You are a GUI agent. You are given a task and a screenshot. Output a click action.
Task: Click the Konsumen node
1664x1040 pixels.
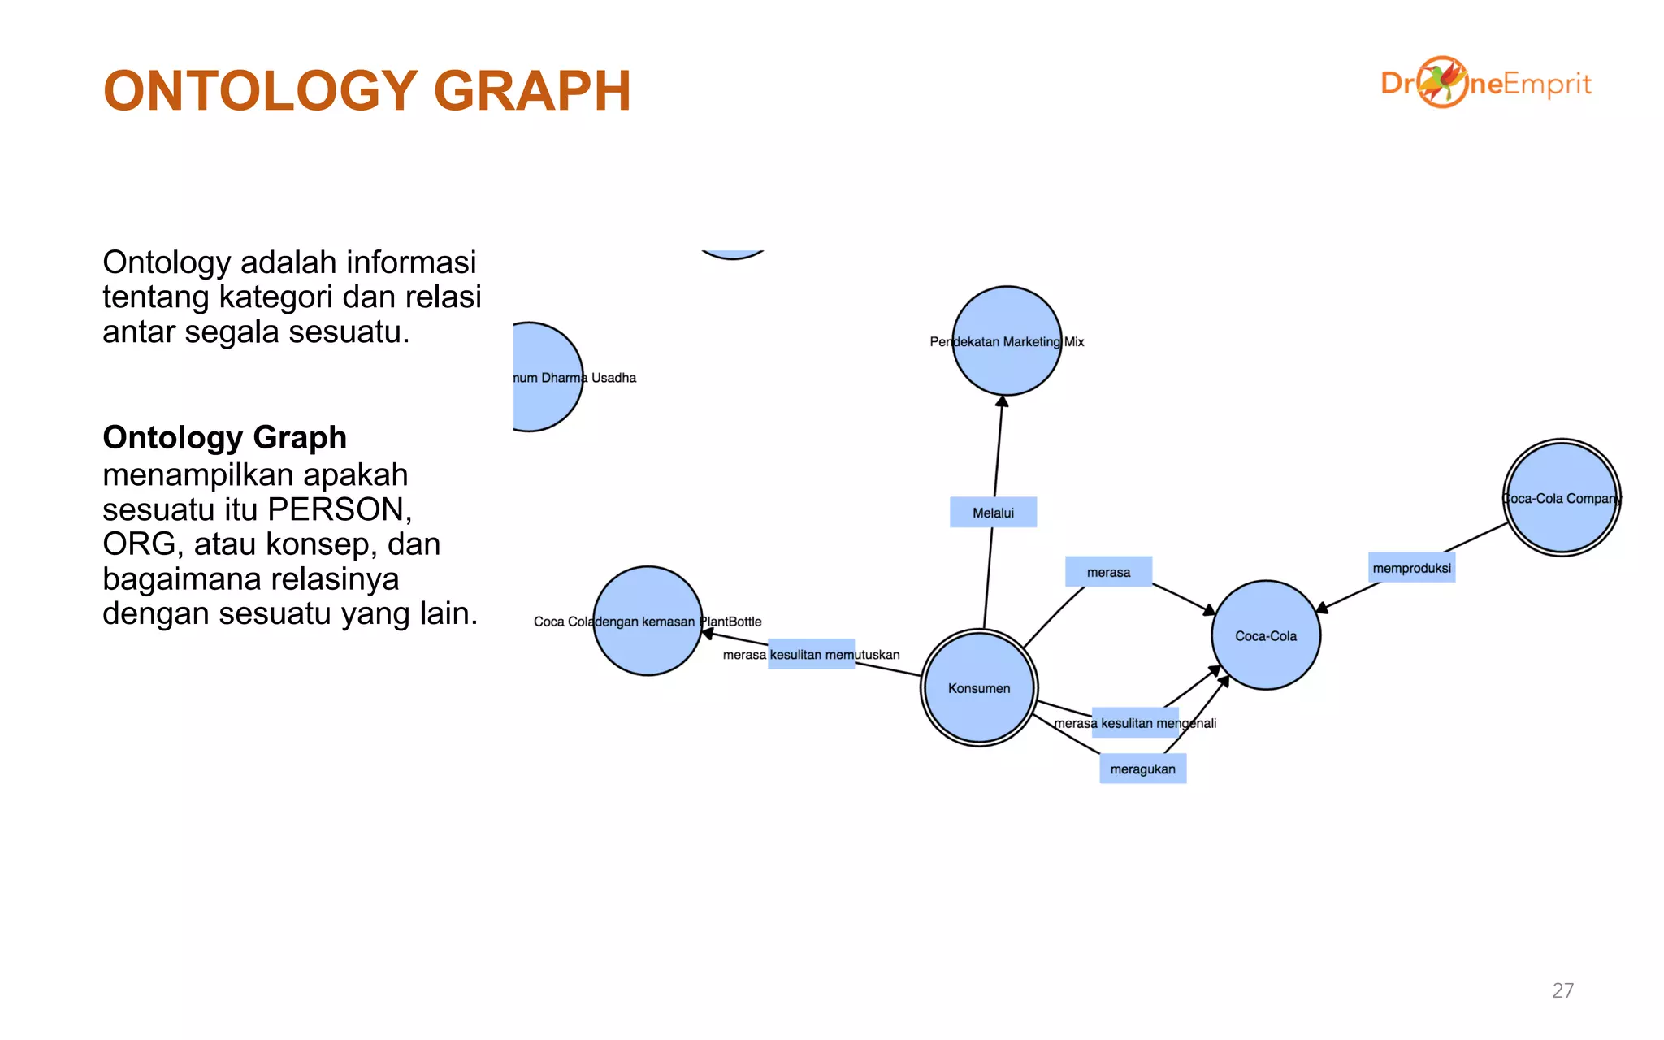click(979, 687)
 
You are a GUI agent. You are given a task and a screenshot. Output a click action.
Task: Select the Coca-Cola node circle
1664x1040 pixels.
click(1266, 635)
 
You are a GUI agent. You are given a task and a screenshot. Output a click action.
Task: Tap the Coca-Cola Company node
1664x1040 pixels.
click(1561, 497)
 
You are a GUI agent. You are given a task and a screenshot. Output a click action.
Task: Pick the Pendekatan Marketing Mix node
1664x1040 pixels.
click(1007, 341)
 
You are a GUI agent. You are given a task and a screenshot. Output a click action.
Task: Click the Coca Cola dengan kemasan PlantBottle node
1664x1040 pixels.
click(648, 621)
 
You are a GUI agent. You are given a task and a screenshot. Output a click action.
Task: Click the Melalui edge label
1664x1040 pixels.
click(993, 513)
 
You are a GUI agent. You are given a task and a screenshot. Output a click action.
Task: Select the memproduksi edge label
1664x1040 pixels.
click(1411, 568)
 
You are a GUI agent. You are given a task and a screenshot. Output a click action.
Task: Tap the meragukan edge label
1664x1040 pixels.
click(1142, 769)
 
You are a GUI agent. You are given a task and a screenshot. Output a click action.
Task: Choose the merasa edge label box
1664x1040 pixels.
click(1108, 572)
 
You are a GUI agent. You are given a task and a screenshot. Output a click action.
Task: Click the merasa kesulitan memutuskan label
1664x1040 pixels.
click(811, 654)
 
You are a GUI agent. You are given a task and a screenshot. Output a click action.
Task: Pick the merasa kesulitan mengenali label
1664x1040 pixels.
click(1134, 722)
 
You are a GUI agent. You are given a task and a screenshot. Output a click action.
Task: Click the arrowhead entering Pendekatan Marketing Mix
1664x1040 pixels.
click(1003, 401)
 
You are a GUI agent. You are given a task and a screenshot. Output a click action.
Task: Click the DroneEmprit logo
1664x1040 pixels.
click(1485, 83)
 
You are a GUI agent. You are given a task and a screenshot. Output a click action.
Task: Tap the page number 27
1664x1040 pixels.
click(1562, 990)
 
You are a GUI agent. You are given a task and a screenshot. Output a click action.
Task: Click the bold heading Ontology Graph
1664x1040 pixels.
click(224, 437)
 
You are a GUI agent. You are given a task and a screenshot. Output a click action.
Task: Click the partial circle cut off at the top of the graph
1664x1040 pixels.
click(733, 253)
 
